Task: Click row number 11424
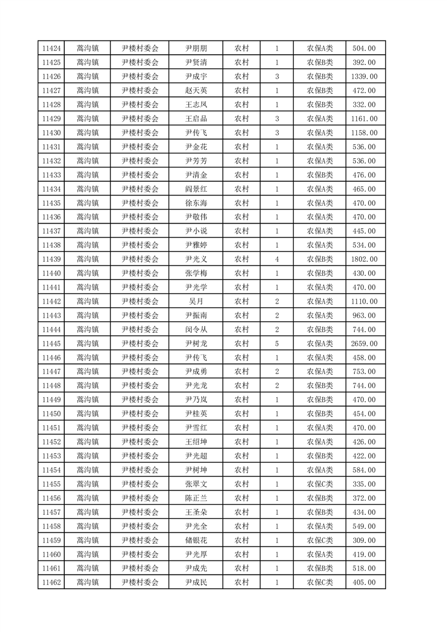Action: pyautogui.click(x=51, y=48)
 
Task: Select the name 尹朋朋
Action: pyautogui.click(x=196, y=48)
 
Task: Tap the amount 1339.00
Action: pyautogui.click(x=364, y=77)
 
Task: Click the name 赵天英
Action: pyautogui.click(x=196, y=91)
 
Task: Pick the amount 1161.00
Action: pyautogui.click(x=364, y=119)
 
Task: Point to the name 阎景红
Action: pyautogui.click(x=196, y=189)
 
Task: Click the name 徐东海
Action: pyautogui.click(x=196, y=203)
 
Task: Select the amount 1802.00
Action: pyautogui.click(x=364, y=259)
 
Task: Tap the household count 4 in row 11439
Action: pyautogui.click(x=277, y=259)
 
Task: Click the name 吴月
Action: pyautogui.click(x=196, y=301)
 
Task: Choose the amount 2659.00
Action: pyautogui.click(x=364, y=344)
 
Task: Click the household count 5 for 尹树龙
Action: pyautogui.click(x=277, y=344)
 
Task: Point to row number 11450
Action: pyautogui.click(x=51, y=414)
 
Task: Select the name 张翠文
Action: pyautogui.click(x=196, y=484)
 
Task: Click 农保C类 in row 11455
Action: pyautogui.click(x=320, y=484)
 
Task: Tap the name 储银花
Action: pyautogui.click(x=196, y=540)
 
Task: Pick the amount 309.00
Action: pyautogui.click(x=364, y=540)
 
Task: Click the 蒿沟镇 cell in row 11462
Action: pyautogui.click(x=87, y=582)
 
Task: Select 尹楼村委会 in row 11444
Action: pyautogui.click(x=140, y=330)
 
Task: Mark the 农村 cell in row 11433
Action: pyautogui.click(x=241, y=175)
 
